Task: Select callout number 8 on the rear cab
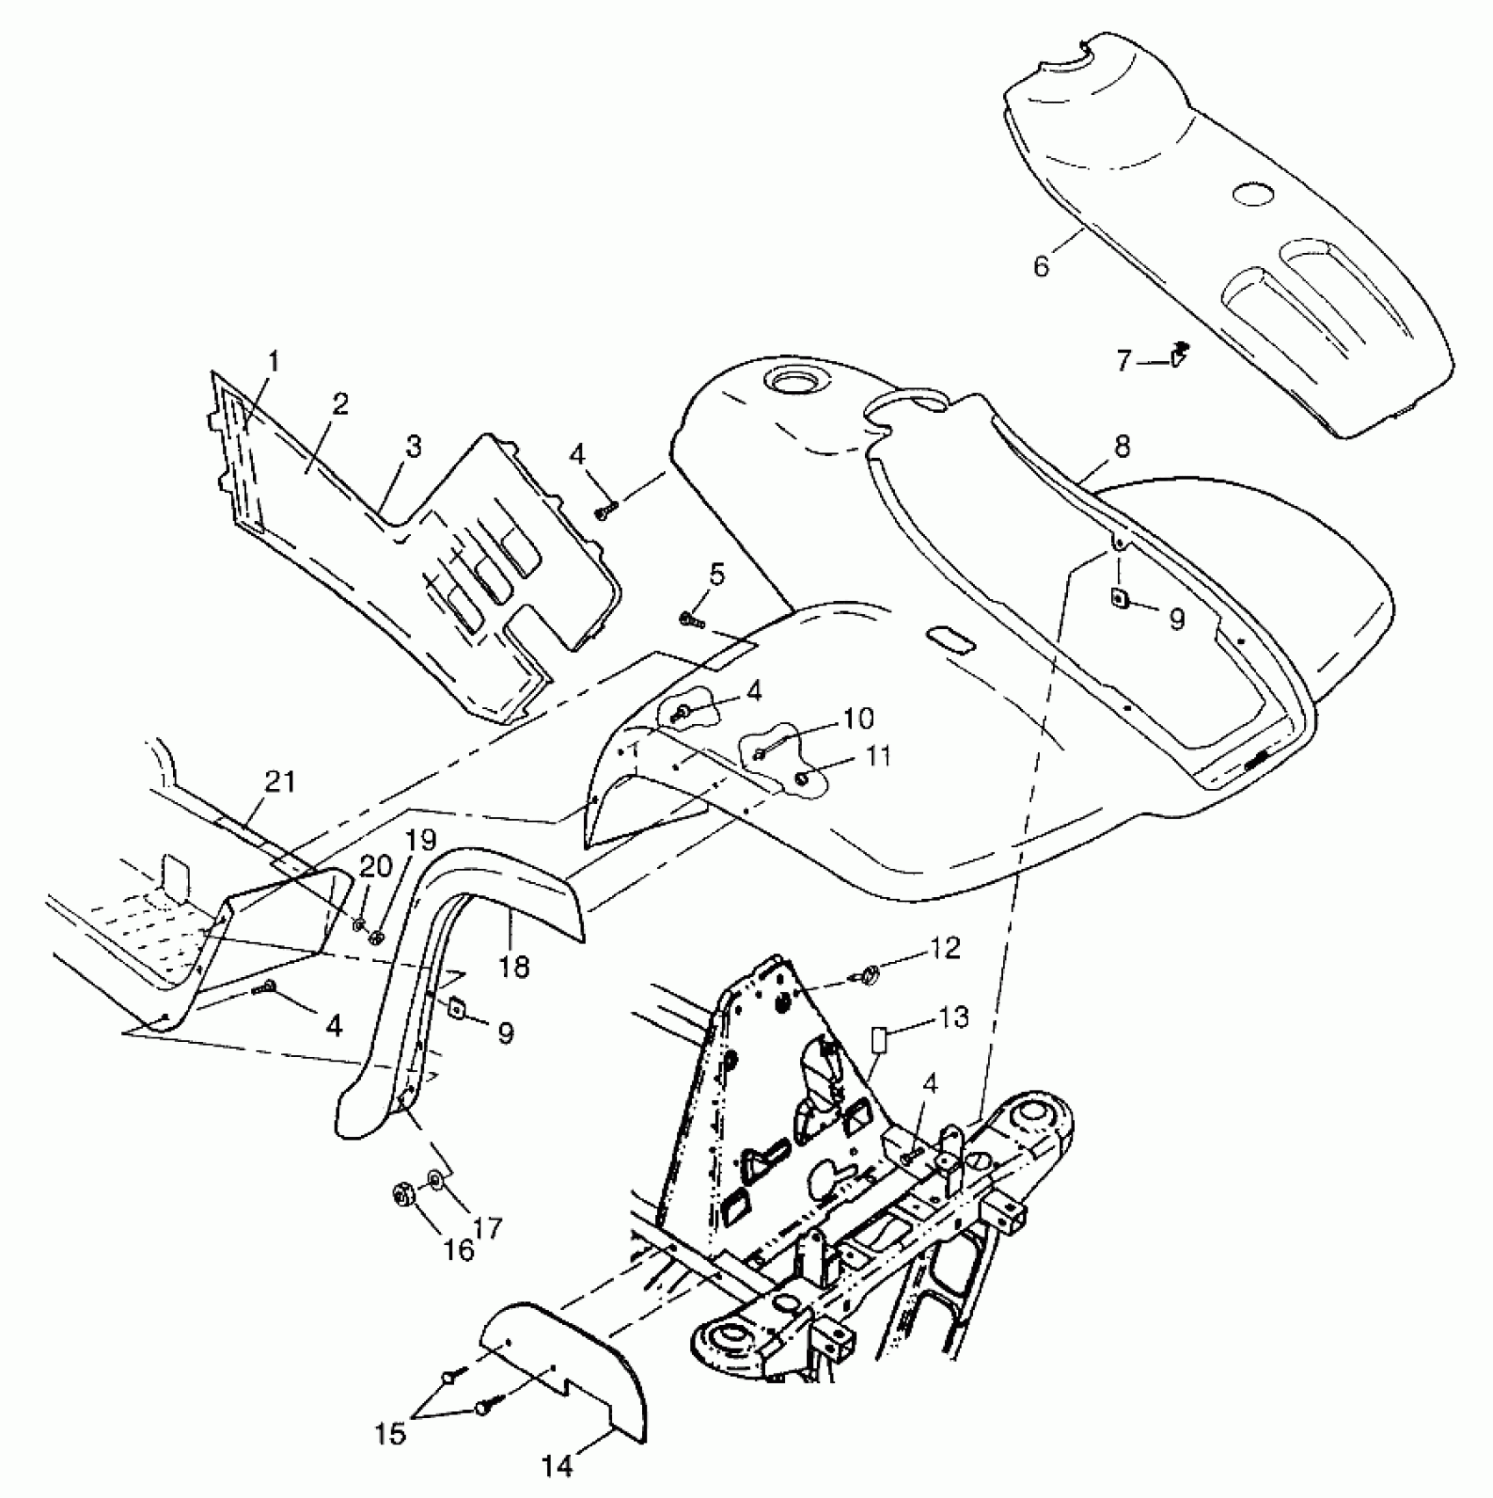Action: (x=1122, y=445)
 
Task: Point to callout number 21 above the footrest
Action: (x=280, y=781)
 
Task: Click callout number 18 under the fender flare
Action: (x=514, y=966)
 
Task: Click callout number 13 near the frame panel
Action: (x=953, y=1017)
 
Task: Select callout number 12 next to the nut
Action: (x=944, y=949)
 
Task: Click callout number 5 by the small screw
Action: (x=717, y=575)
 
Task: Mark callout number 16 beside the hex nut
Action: (x=458, y=1248)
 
